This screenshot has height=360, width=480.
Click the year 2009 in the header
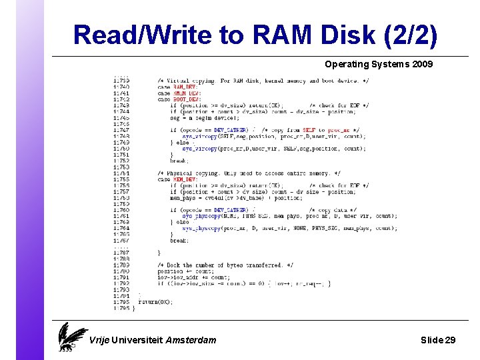pos(422,65)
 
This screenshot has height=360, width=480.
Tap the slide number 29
pos(449,340)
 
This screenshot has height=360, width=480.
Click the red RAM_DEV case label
pos(185,87)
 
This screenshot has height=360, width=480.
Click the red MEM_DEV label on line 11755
pos(185,179)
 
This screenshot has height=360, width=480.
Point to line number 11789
pos(121,265)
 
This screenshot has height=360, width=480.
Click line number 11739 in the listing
pos(121,81)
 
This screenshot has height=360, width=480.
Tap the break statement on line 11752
pos(178,161)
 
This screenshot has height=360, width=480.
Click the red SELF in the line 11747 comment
pos(309,130)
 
